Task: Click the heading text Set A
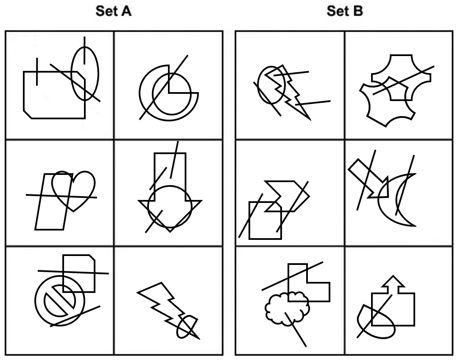(113, 11)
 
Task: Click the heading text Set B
(344, 11)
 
